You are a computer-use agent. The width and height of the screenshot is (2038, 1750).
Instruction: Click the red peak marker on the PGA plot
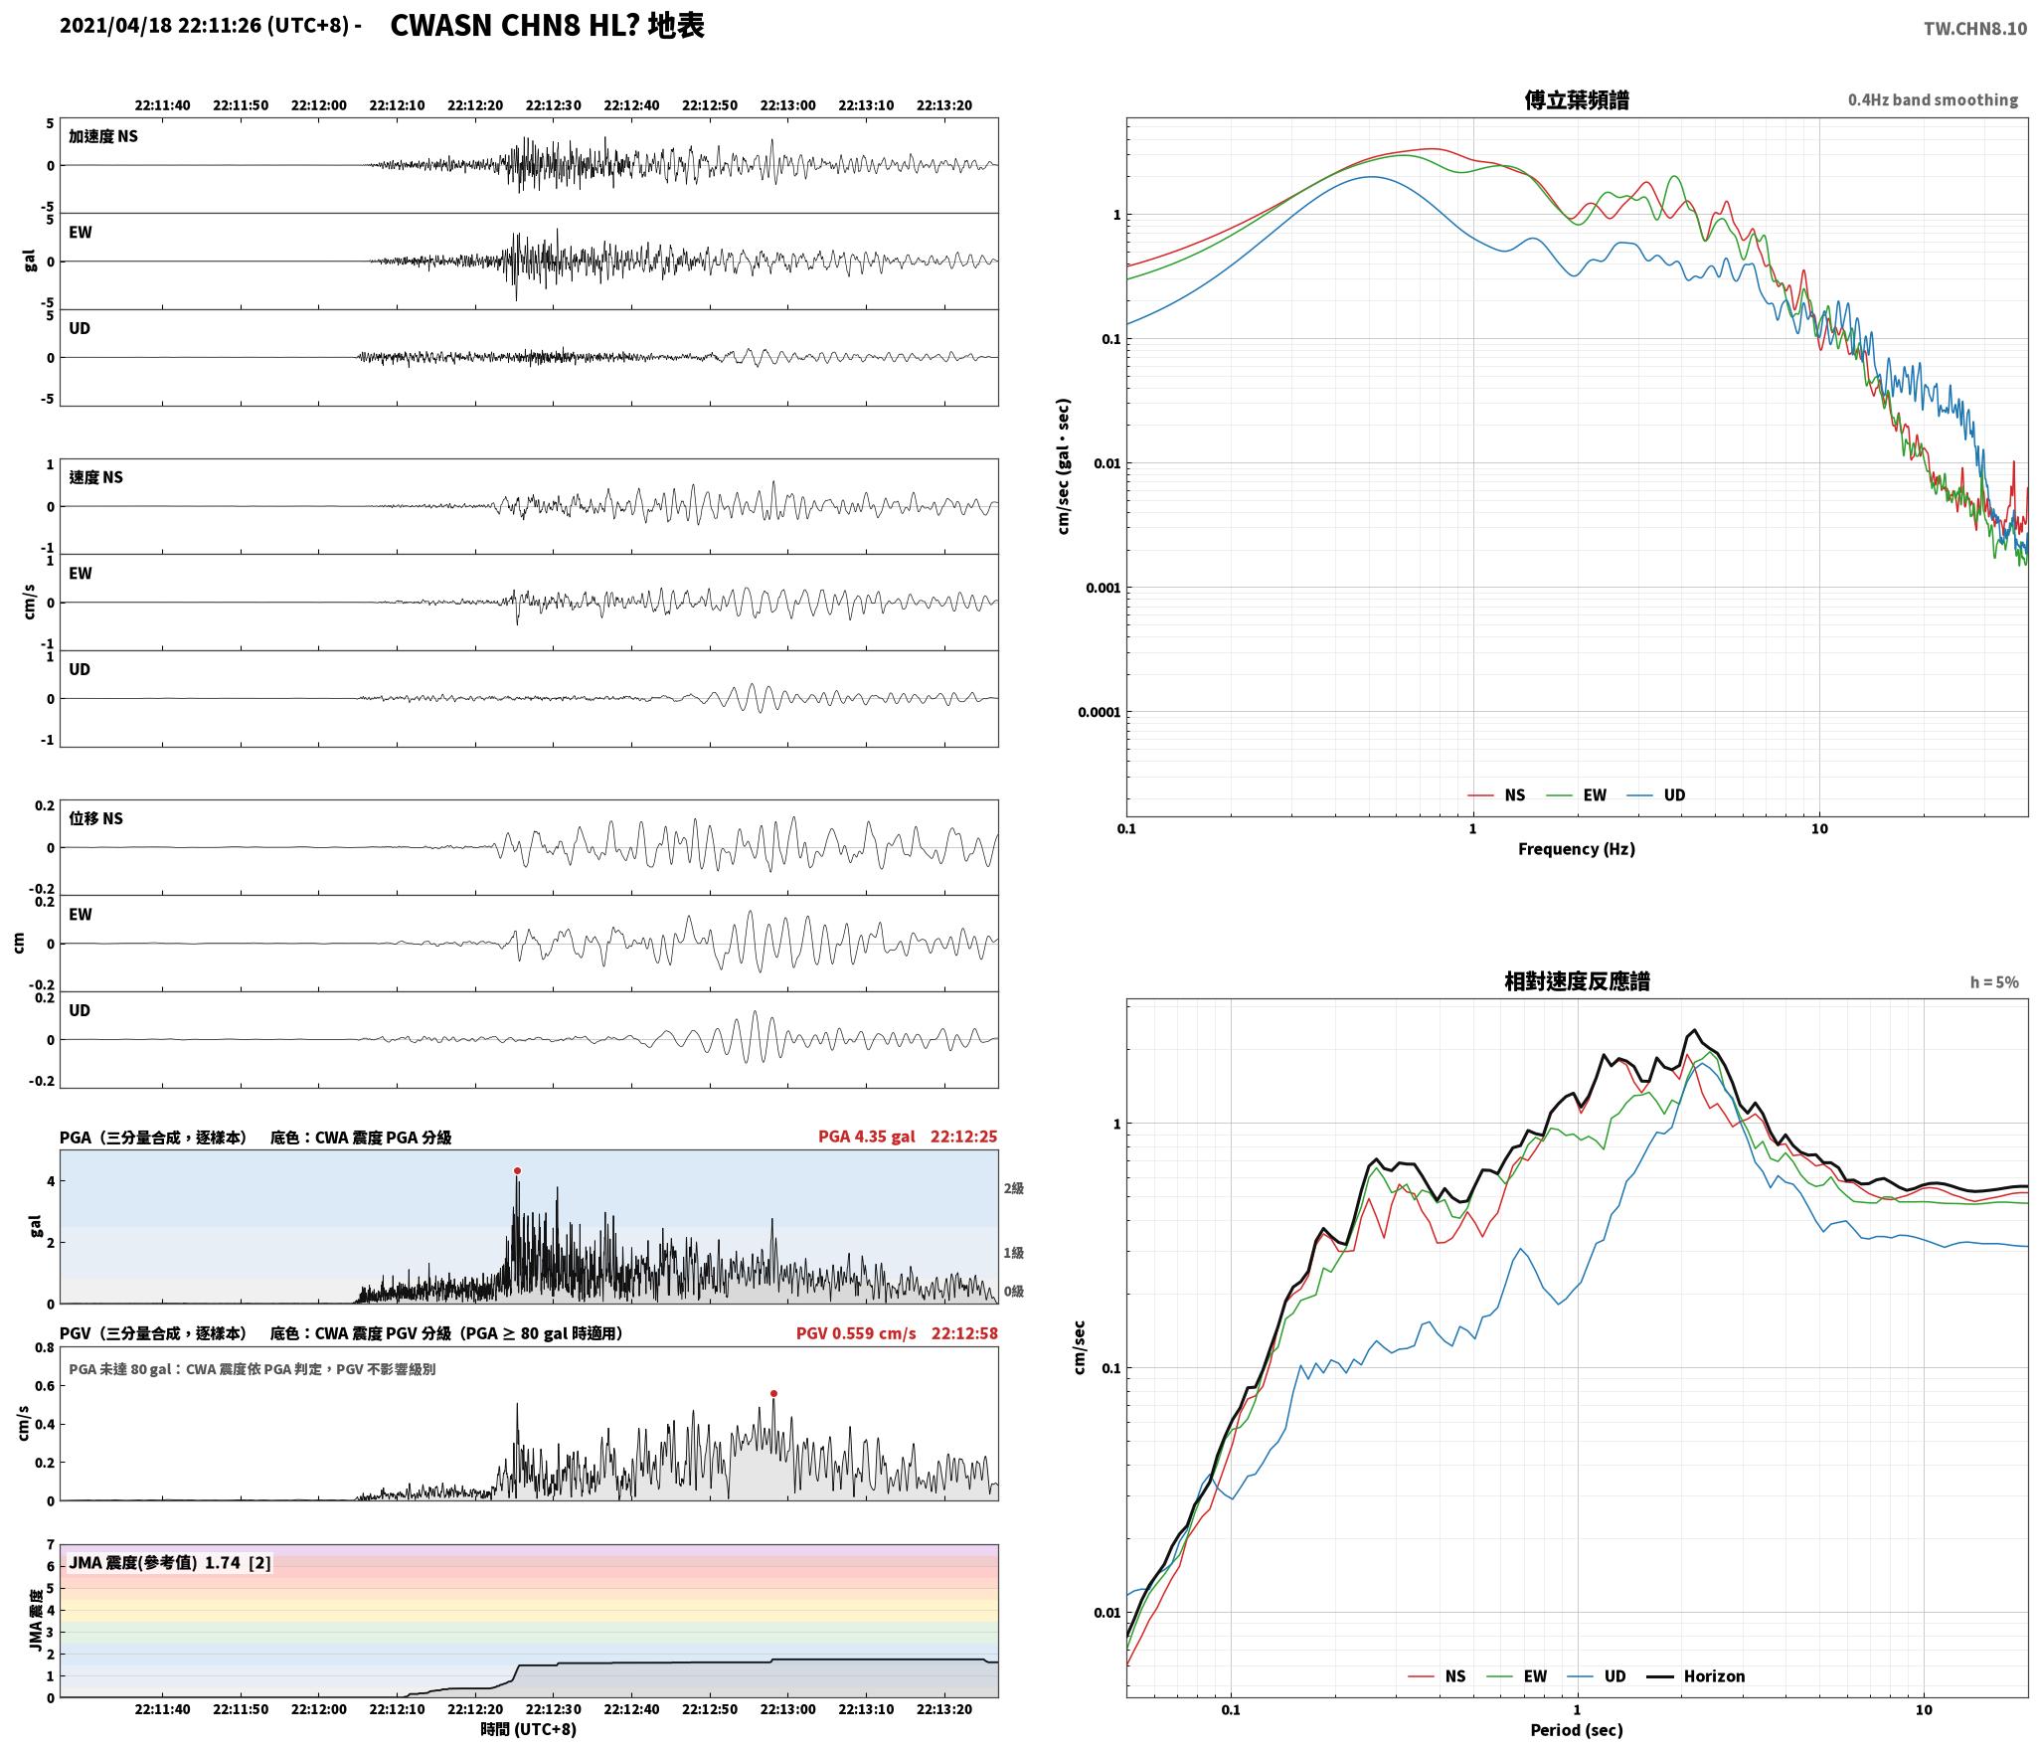click(x=517, y=1171)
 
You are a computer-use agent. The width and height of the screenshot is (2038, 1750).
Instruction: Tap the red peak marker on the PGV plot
click(x=773, y=1394)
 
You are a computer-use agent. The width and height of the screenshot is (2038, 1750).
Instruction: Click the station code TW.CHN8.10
click(x=1974, y=29)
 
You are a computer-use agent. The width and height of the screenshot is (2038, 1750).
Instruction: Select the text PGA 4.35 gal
click(x=867, y=1137)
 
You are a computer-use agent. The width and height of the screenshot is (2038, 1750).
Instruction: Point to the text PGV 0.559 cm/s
click(x=856, y=1333)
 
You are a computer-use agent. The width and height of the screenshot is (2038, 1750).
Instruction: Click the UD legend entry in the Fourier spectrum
click(x=1656, y=795)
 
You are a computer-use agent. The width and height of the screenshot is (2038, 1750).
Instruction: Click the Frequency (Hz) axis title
click(x=1576, y=849)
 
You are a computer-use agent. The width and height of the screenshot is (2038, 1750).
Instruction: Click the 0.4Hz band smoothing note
click(x=1933, y=100)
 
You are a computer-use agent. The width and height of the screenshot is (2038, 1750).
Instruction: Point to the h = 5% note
click(x=1994, y=982)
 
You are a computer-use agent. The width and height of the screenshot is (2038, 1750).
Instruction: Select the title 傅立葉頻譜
click(x=1577, y=100)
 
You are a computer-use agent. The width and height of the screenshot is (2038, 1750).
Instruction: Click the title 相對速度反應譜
click(x=1577, y=981)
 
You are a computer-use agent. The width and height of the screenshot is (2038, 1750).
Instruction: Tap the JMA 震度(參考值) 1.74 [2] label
click(x=169, y=1563)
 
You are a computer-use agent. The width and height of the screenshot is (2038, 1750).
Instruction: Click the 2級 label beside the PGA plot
click(x=1013, y=1188)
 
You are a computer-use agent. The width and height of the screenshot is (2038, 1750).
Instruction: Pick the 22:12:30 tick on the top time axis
click(x=553, y=105)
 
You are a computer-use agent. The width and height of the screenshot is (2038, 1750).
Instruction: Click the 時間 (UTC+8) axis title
click(x=528, y=1729)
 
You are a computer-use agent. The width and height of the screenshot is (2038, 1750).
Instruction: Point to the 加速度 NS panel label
click(x=103, y=136)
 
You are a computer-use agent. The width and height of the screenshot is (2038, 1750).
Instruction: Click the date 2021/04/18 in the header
click(x=116, y=27)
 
